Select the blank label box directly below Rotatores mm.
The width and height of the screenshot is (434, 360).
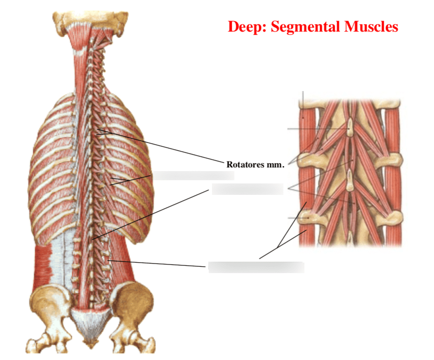[247, 189]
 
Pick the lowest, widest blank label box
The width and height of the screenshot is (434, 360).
[256, 267]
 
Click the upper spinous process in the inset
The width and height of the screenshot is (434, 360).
[349, 127]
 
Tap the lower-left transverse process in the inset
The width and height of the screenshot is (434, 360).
[308, 219]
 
